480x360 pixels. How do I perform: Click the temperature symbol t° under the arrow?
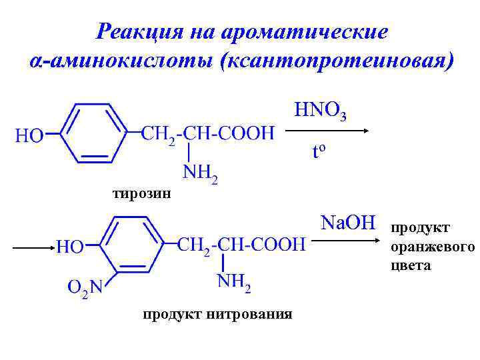[x=319, y=152]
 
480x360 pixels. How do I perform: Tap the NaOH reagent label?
[x=348, y=222]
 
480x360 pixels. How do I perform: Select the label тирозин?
[x=141, y=194]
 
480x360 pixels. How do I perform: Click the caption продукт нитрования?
[x=217, y=313]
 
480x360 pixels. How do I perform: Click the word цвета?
[x=411, y=266]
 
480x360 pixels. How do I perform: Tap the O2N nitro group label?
[x=85, y=288]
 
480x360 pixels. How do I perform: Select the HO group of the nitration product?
[x=69, y=247]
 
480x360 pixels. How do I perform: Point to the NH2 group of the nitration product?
[x=234, y=285]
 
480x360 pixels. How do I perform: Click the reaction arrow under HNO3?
[x=327, y=132]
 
